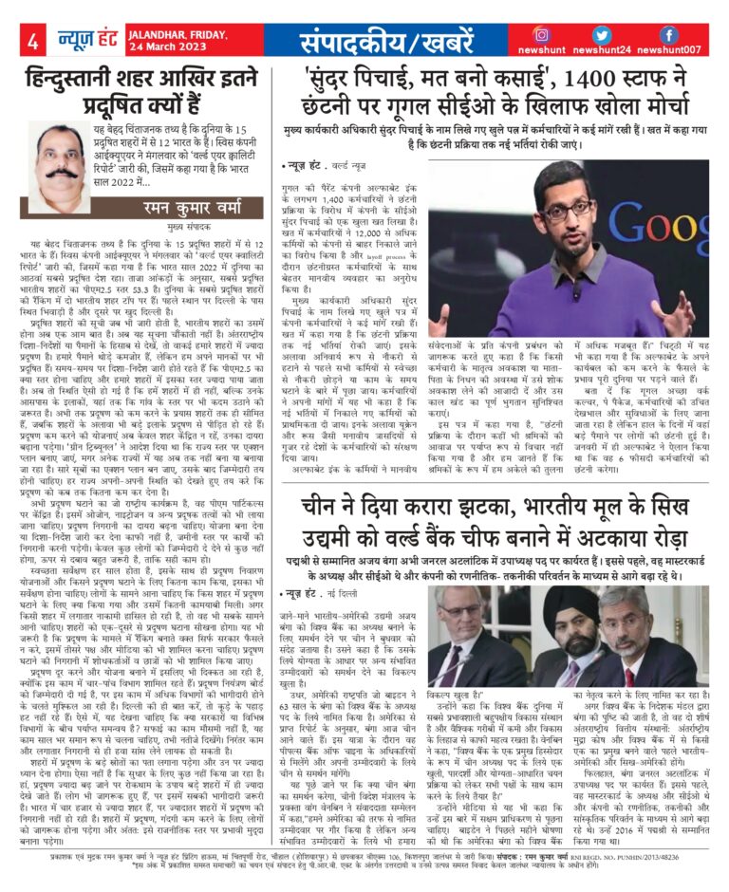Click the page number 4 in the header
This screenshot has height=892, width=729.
(32, 42)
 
